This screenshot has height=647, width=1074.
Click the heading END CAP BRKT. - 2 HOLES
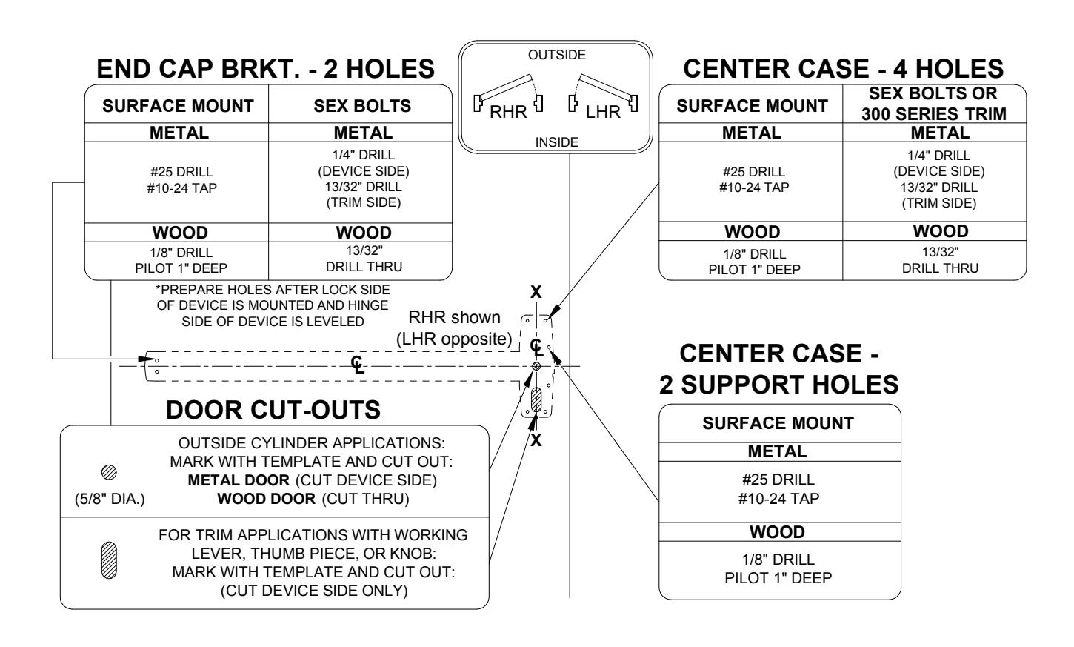coord(265,69)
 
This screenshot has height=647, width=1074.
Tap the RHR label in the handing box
coord(508,112)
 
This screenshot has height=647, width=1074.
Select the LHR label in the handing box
coord(603,112)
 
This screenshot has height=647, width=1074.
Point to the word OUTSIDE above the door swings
coord(557,55)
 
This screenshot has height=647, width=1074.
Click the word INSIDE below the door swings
coord(557,142)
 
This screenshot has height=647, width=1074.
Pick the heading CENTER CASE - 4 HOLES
coord(844,69)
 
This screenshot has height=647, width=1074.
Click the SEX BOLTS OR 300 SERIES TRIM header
coord(933,104)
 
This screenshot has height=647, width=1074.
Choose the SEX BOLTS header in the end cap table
coord(362,105)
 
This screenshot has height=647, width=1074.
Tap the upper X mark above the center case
coord(536,291)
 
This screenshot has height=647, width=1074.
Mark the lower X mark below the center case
coord(536,439)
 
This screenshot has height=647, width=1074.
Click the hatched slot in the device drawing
coord(536,399)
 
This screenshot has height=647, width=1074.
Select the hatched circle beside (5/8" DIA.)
coord(110,472)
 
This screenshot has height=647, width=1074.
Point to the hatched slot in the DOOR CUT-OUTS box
coord(110,560)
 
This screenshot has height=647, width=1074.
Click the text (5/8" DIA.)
coord(110,500)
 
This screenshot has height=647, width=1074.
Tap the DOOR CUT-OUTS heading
coord(273,410)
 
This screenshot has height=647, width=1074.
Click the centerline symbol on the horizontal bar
coord(357,365)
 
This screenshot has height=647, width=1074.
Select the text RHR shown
coord(454,317)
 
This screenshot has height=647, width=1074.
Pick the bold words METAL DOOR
coord(239,480)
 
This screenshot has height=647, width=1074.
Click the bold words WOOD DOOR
coord(266,499)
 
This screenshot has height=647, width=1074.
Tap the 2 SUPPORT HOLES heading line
coord(778,385)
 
